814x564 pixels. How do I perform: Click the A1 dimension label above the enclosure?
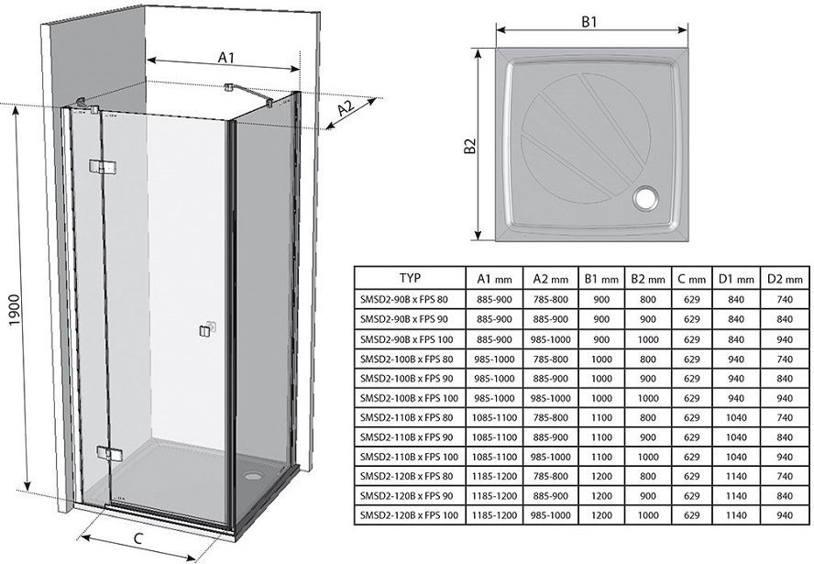point(225,57)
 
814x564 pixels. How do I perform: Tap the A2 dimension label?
point(346,109)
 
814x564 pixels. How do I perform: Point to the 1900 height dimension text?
point(15,310)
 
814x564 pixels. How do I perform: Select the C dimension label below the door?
point(137,539)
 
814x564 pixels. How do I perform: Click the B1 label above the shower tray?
point(588,22)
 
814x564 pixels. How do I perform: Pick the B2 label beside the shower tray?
point(470,146)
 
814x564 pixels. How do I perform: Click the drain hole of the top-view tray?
point(645,198)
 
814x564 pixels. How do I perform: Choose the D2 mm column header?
point(785,279)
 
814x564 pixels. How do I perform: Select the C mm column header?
point(691,279)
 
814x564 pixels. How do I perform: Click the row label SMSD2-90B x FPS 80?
point(403,300)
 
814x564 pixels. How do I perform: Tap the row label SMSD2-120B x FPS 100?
point(409,515)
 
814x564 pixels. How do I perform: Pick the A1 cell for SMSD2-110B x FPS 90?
point(494,437)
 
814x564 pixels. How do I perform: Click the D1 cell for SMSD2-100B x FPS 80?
point(735,359)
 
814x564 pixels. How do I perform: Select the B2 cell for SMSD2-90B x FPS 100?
point(648,339)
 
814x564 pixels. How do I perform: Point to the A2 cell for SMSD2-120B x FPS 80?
point(551,476)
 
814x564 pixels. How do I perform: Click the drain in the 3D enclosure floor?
point(254,474)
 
